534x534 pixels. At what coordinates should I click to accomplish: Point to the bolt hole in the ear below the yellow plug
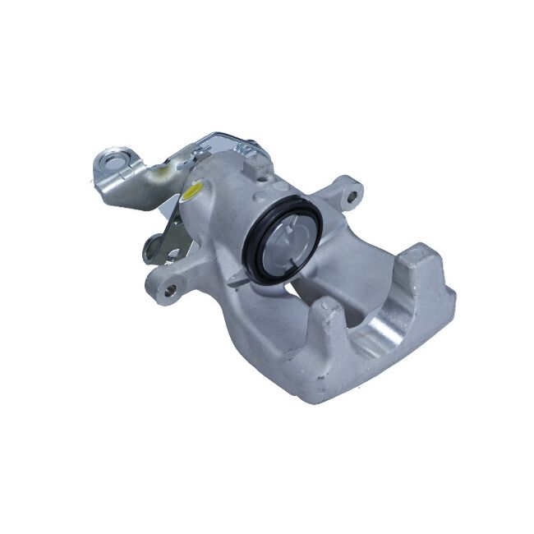click(x=170, y=288)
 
